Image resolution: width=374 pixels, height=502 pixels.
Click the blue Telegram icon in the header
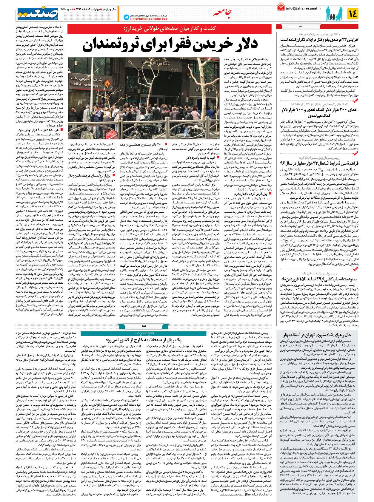(126, 18)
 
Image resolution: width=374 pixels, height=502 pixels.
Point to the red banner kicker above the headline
(170, 29)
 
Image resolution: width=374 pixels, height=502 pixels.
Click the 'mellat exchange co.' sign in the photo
(86, 84)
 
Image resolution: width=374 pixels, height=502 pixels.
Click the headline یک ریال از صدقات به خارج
(144, 340)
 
